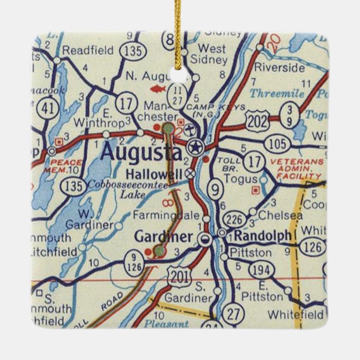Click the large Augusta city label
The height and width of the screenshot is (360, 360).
pos(141,153)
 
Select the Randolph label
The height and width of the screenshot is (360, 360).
pos(262,236)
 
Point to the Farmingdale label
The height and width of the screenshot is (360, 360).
pos(166,215)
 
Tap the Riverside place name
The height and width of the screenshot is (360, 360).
pos(280,67)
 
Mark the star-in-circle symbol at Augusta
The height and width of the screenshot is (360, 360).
pos(195,147)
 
